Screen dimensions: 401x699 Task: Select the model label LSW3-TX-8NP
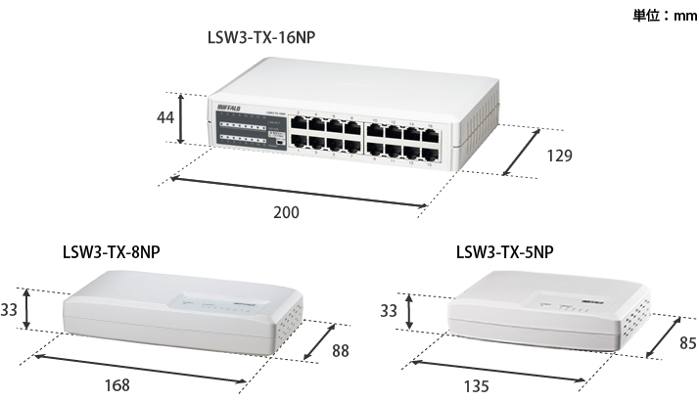pyautogui.click(x=111, y=251)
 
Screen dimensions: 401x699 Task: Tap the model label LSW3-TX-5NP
pyautogui.click(x=504, y=251)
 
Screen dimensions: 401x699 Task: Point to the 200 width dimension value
pyautogui.click(x=286, y=211)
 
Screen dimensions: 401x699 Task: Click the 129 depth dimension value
pyautogui.click(x=559, y=155)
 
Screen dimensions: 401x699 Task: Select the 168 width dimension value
pyautogui.click(x=116, y=385)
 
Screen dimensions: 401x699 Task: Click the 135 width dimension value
pyautogui.click(x=475, y=385)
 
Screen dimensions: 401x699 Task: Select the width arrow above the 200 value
pyautogui.click(x=298, y=192)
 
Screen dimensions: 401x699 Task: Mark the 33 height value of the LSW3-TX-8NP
pyautogui.click(x=10, y=310)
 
